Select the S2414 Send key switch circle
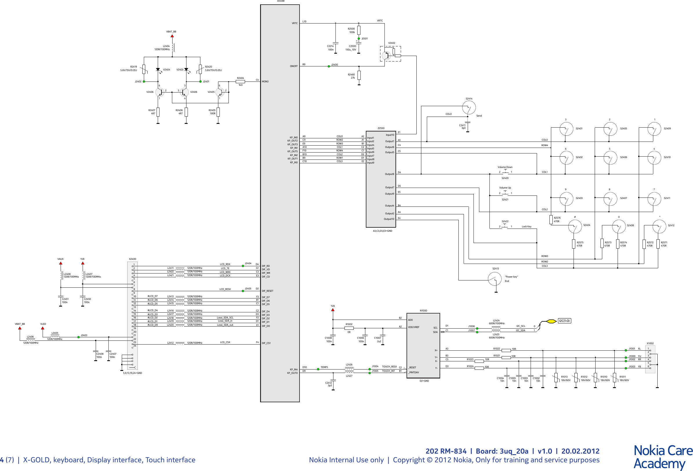pos(469,107)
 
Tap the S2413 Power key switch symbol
pos(495,279)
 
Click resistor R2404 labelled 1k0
pos(240,81)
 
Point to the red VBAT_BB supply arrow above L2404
pos(172,36)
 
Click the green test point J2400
pos(329,66)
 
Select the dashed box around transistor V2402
pos(390,54)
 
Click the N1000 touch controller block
pos(423,345)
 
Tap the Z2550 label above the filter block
pos(381,128)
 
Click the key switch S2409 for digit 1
pos(654,129)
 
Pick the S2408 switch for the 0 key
pos(619,227)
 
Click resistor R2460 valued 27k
pos(359,75)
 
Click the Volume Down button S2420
pos(505,172)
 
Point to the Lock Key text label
pos(526,227)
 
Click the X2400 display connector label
pos(133,259)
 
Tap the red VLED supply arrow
pos(43,328)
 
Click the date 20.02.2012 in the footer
pos(580,451)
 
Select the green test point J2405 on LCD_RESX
pos(243,291)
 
